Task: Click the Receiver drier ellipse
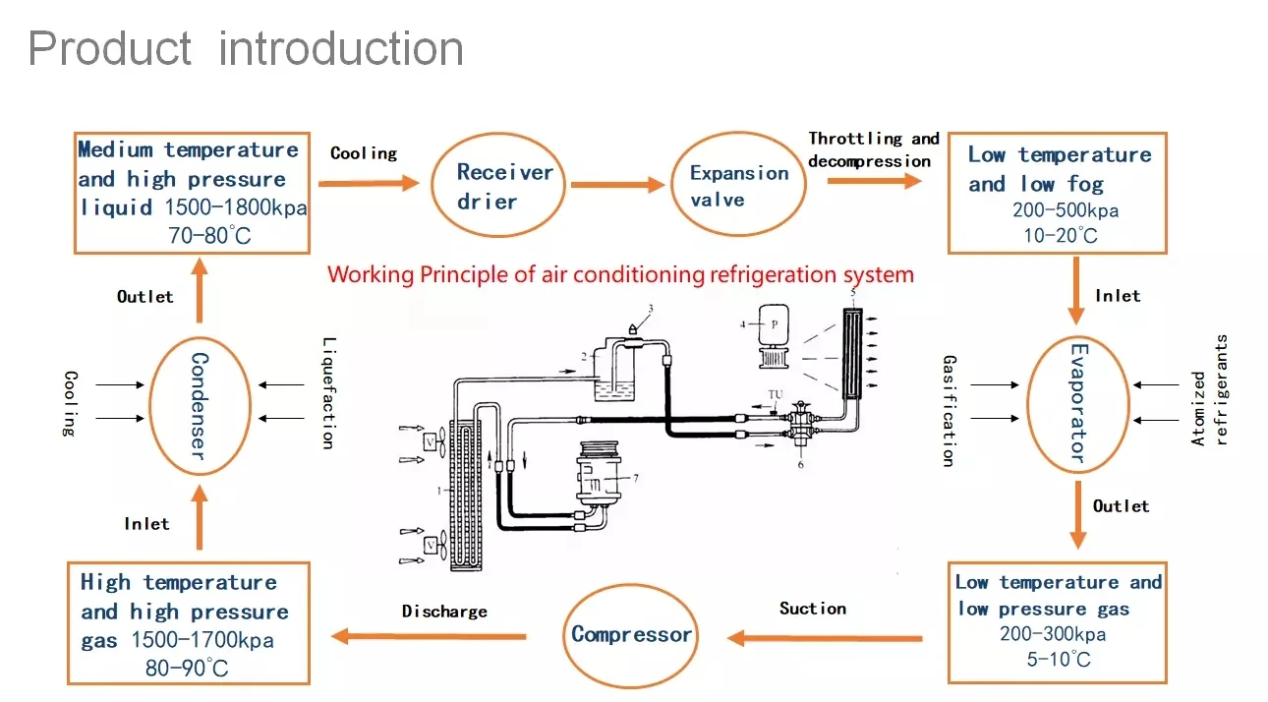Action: [x=505, y=186]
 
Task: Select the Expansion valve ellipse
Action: [x=738, y=186]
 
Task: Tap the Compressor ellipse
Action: [x=631, y=635]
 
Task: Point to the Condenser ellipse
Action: [x=198, y=405]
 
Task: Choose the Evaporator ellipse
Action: [x=1077, y=402]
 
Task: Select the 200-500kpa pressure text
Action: [x=1066, y=210]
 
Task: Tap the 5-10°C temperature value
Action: [x=1059, y=659]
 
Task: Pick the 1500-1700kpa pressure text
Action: [x=204, y=641]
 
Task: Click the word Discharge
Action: [x=444, y=612]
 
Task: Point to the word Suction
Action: [x=813, y=609]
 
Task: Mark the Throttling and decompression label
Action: [x=873, y=149]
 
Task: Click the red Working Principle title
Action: [x=620, y=274]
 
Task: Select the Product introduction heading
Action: [x=246, y=49]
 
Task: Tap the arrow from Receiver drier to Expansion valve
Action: [x=617, y=184]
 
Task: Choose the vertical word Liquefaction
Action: [x=329, y=393]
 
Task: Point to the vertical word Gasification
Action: [x=948, y=410]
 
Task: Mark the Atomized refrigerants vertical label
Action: [x=1209, y=390]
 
